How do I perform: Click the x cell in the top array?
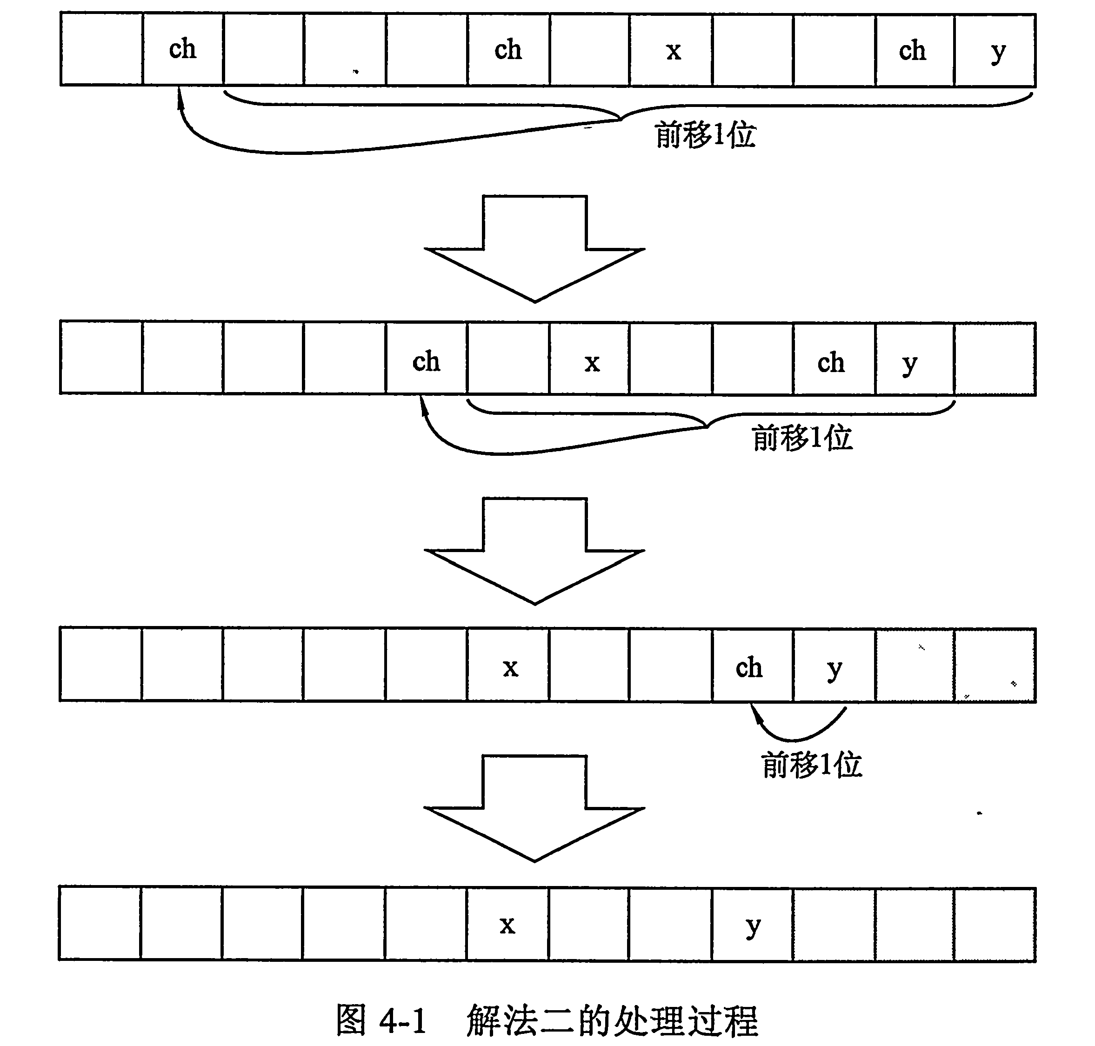point(671,50)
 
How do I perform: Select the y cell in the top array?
point(995,50)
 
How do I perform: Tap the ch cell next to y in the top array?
point(915,50)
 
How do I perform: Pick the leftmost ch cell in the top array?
point(183,49)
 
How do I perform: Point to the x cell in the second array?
point(589,359)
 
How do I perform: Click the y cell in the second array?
point(915,359)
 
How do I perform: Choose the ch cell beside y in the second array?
point(834,359)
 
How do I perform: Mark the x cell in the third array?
point(508,665)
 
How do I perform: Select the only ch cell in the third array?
point(753,665)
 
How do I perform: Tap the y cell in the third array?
point(834,665)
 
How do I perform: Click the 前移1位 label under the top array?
point(705,135)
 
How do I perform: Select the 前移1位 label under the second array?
point(802,438)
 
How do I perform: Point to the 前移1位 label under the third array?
point(812,765)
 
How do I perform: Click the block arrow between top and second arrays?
point(534,248)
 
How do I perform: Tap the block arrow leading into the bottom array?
point(534,808)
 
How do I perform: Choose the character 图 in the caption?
point(351,1020)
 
